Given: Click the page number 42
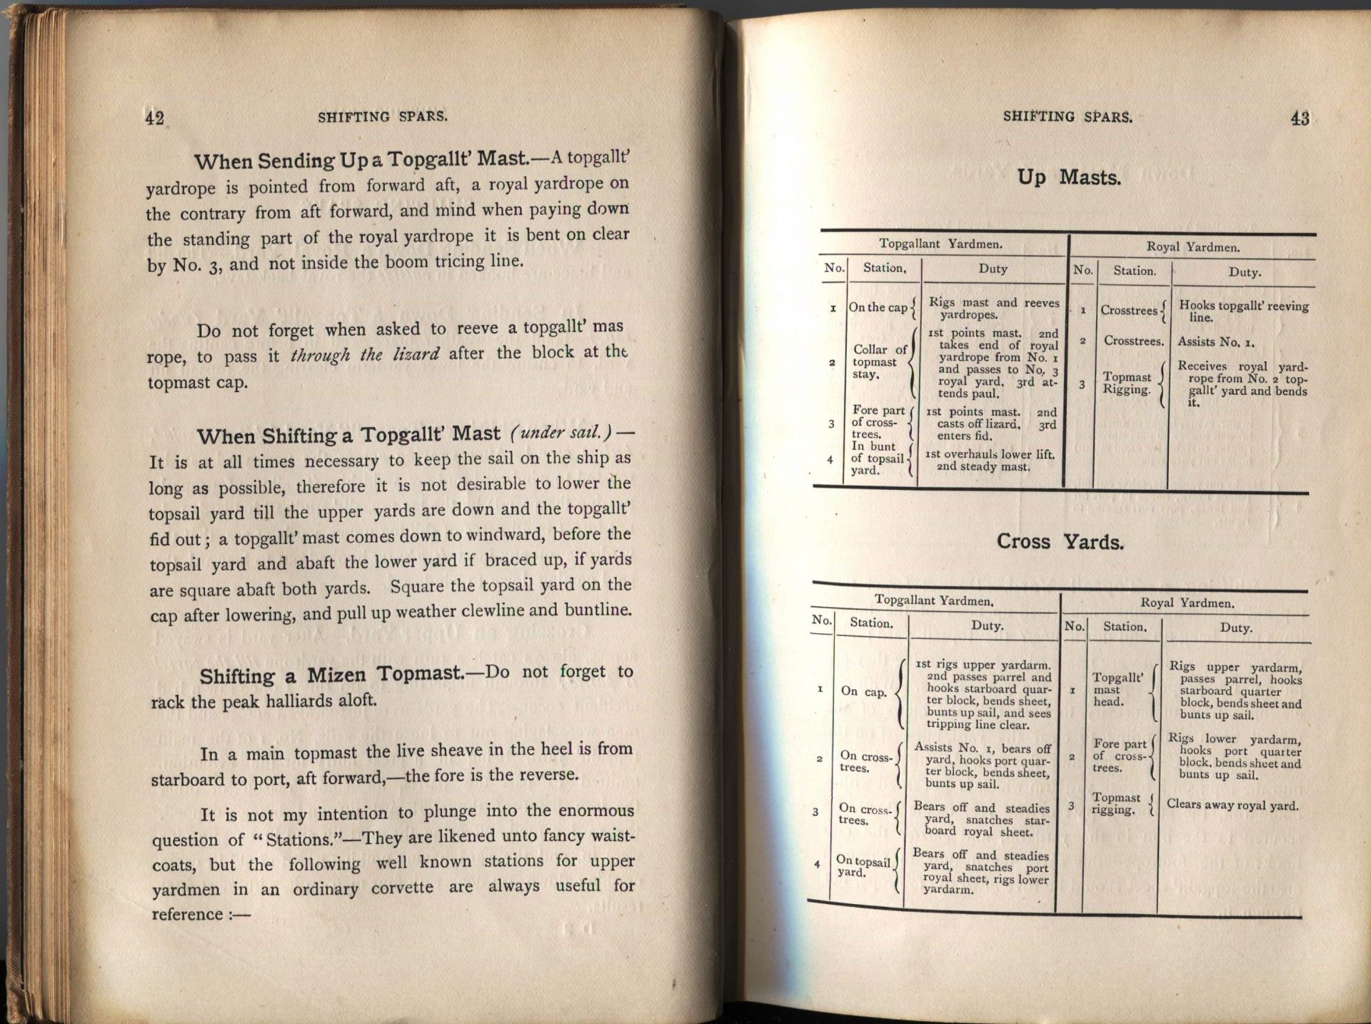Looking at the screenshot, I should click(154, 118).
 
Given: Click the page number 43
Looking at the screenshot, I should click(1300, 119).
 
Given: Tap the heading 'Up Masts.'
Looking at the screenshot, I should click(1068, 177).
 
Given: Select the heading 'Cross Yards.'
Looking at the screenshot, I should click(1060, 542).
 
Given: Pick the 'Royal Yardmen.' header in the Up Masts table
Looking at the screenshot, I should click(1192, 247).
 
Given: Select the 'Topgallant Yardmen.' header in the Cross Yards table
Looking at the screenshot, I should click(934, 601).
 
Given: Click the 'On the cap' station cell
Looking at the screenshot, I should click(878, 308).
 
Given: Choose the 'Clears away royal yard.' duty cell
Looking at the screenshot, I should click(1232, 805).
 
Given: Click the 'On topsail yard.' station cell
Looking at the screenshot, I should click(863, 867).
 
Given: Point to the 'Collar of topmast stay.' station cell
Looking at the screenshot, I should click(879, 361).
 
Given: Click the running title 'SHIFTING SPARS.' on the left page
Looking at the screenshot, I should click(383, 117).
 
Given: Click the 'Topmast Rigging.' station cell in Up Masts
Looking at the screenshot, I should click(1127, 383).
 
